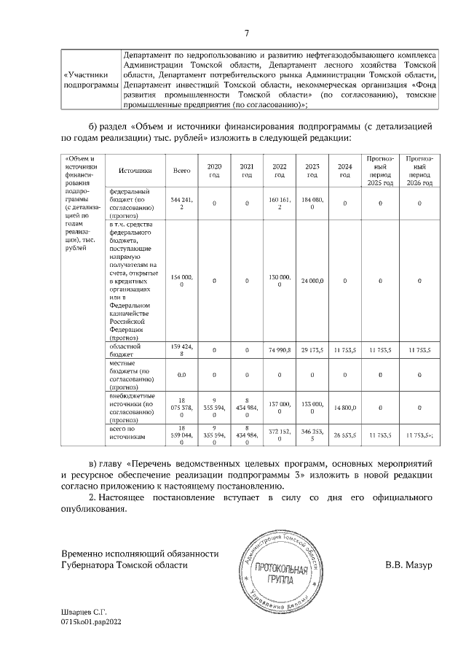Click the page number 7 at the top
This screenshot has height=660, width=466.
tap(246, 33)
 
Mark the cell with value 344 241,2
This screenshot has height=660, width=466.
tap(181, 203)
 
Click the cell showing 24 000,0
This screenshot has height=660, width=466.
tap(312, 280)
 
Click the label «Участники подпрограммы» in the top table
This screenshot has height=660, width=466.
tap(91, 79)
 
